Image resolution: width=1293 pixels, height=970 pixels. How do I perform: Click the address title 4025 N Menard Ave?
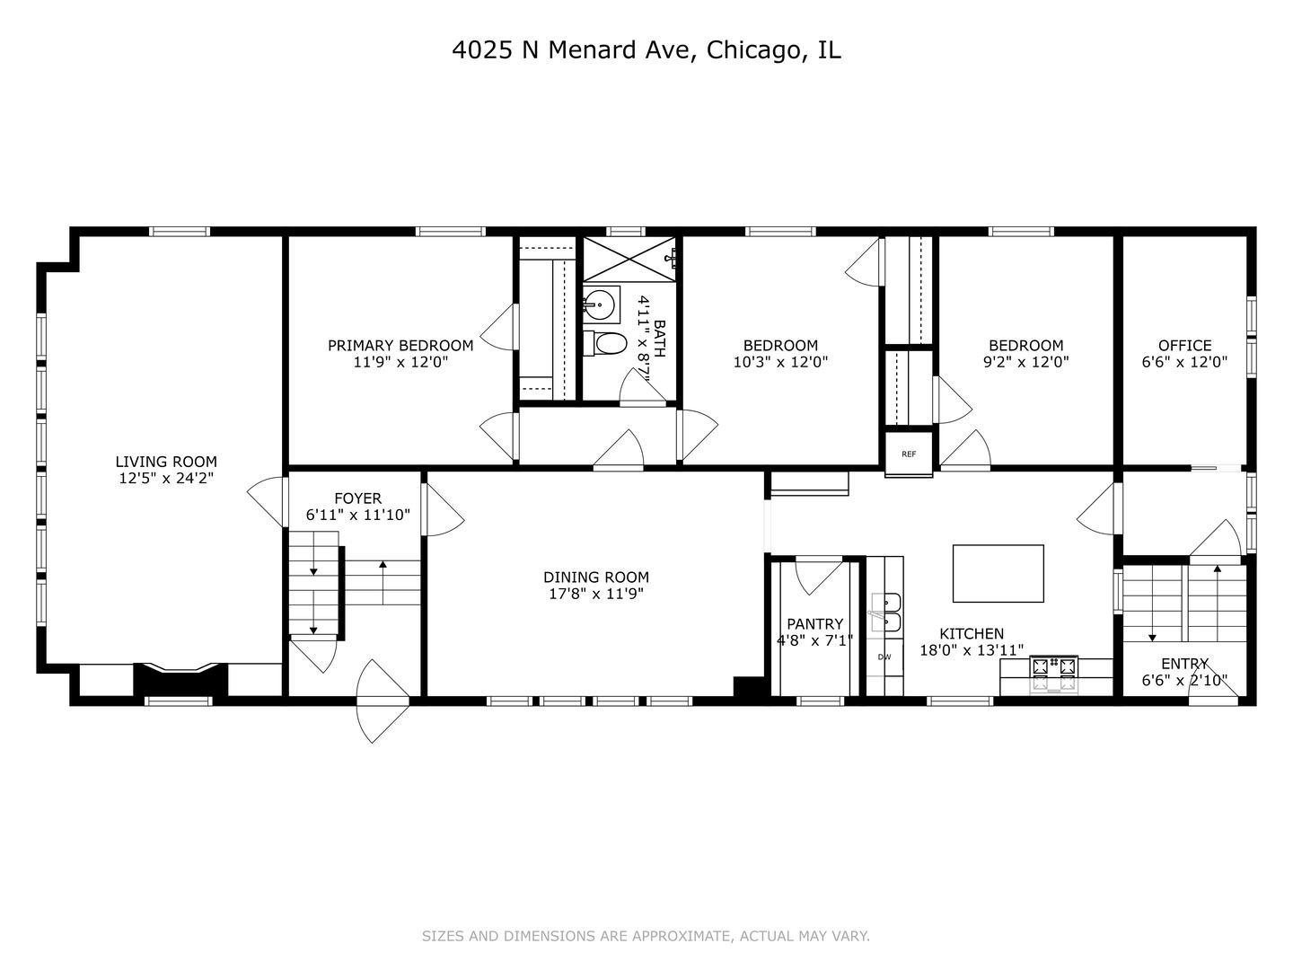tap(646, 50)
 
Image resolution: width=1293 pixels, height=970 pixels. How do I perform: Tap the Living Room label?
tap(166, 463)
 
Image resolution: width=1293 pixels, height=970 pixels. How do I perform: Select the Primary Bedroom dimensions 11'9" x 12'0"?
tap(400, 363)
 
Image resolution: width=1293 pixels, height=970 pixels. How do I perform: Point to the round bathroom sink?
tap(599, 304)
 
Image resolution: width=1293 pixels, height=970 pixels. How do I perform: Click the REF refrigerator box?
tap(909, 454)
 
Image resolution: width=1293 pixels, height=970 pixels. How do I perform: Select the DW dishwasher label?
tap(884, 657)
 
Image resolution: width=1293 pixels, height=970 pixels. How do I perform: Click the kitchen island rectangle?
tap(998, 573)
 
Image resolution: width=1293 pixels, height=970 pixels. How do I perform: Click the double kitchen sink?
tap(885, 612)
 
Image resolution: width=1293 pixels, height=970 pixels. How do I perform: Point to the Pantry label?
tap(814, 624)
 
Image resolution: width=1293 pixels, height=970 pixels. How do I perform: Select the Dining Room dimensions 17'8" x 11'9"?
tap(596, 595)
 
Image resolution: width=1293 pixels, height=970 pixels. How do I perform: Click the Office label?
tap(1184, 346)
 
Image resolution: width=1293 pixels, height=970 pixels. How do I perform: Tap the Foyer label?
tap(357, 498)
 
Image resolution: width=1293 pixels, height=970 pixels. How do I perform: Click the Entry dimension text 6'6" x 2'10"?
tap(1184, 681)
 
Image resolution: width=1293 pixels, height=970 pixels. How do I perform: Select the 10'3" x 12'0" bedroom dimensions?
tap(780, 363)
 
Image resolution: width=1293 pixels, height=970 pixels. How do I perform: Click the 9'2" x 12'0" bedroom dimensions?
tap(1025, 363)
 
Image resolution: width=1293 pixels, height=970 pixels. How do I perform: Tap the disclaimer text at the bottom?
tap(646, 936)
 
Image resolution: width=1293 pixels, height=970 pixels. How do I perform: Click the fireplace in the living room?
tap(178, 679)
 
